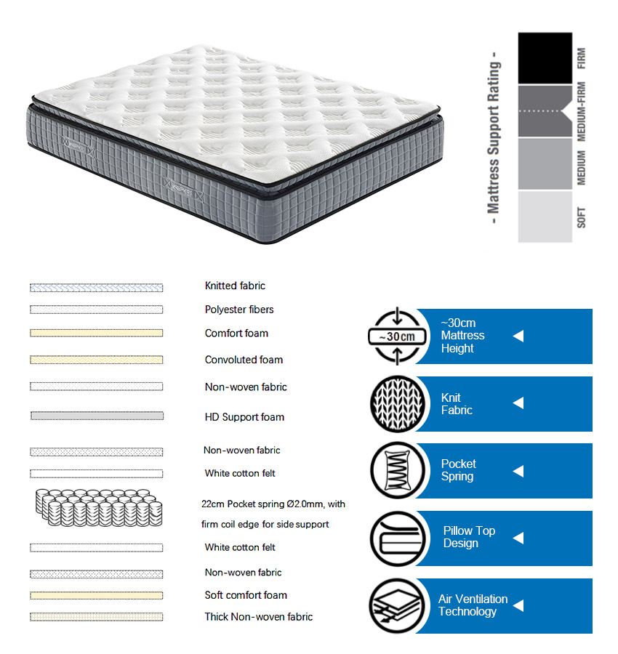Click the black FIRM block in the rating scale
[545, 58]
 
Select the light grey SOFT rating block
[545, 217]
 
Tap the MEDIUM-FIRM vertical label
[581, 111]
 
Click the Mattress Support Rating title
[494, 137]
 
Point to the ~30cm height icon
[397, 336]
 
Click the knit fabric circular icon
[398, 404]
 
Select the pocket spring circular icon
[398, 470]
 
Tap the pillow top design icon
[398, 538]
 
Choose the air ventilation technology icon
[397, 606]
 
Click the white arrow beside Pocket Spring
[518, 471]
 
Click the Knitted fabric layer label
[235, 286]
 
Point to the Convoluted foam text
[244, 360]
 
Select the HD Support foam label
[244, 417]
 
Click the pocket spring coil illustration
[99, 508]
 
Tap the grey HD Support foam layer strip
[97, 416]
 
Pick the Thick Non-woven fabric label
[259, 617]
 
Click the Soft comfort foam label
[246, 595]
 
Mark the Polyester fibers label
[239, 310]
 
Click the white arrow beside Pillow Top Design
[518, 538]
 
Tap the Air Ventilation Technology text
[473, 605]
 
